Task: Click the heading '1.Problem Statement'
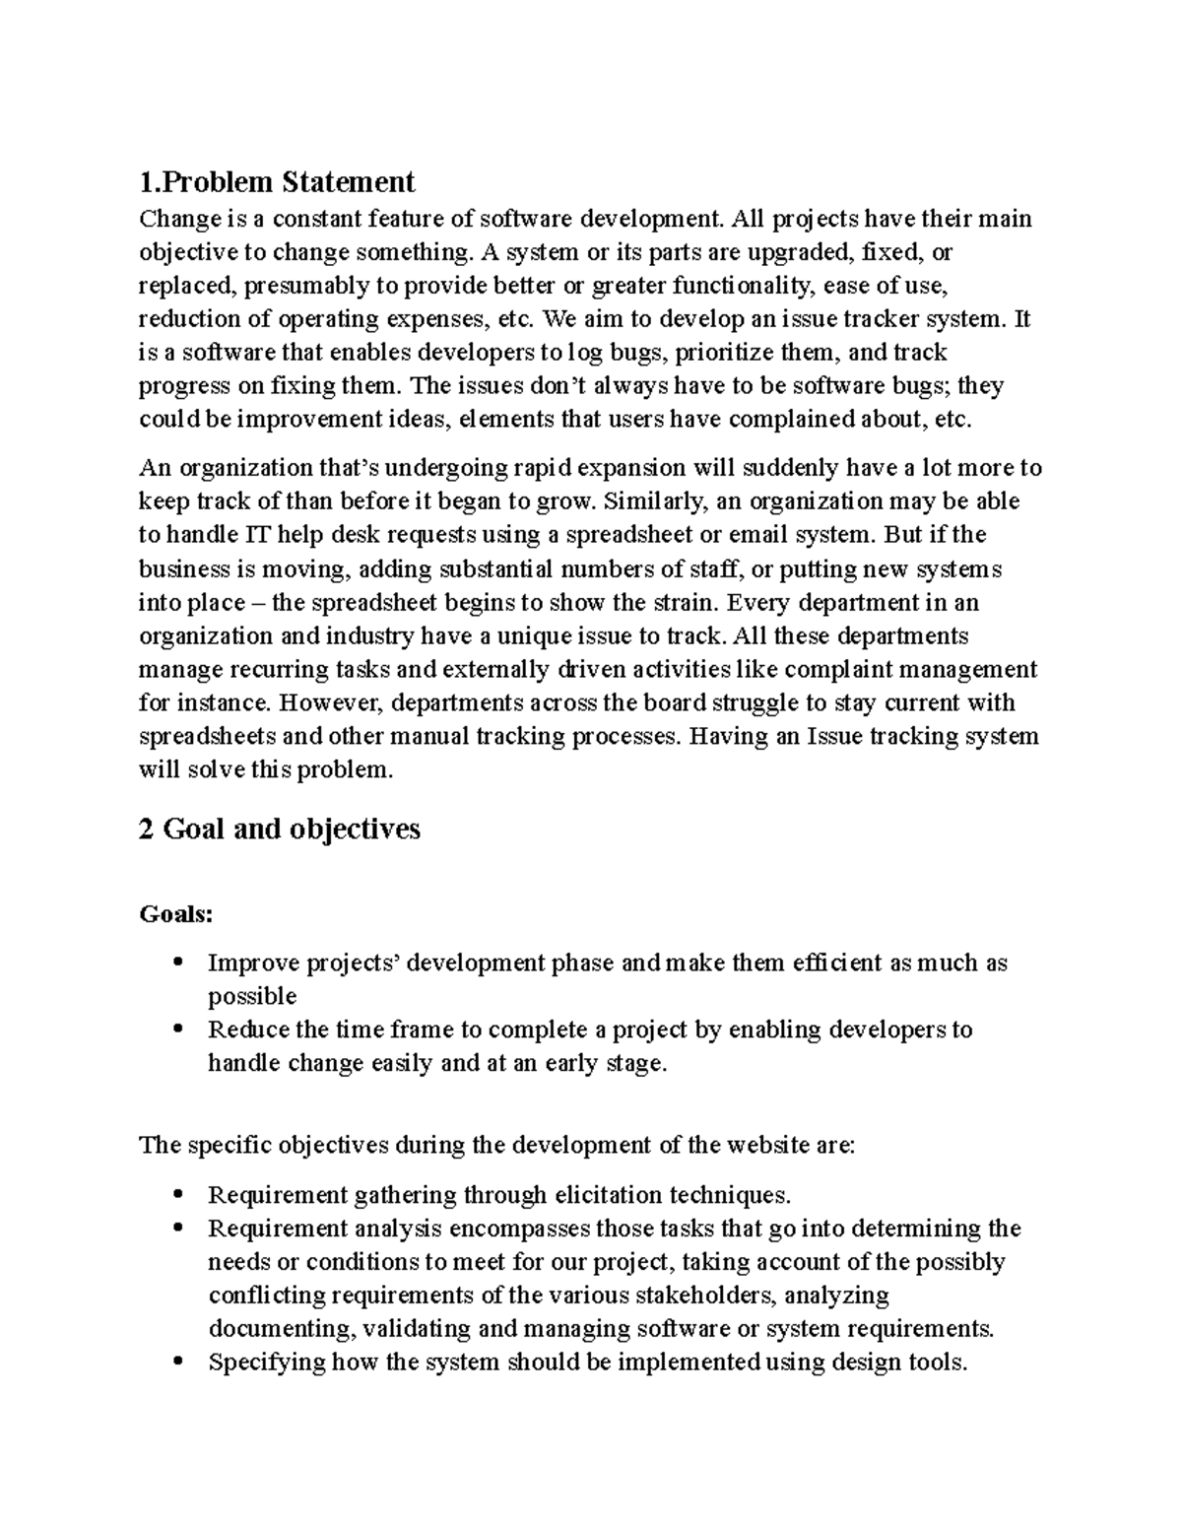[x=277, y=182]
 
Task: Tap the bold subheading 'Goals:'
[x=176, y=914]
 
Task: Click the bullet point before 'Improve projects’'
[x=178, y=963]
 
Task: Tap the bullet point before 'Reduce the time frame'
[x=178, y=1030]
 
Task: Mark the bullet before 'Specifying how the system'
[x=178, y=1363]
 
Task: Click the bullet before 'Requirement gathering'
[x=178, y=1195]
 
